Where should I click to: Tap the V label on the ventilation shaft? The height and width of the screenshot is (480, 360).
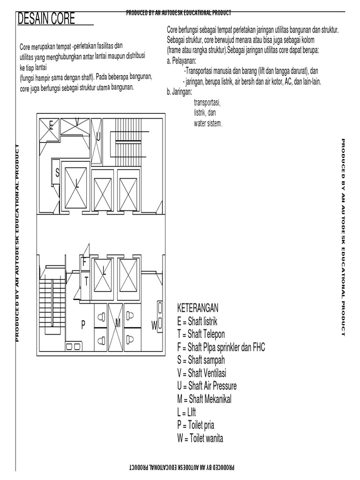[x=77, y=122]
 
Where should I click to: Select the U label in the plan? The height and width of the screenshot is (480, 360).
[x=98, y=137]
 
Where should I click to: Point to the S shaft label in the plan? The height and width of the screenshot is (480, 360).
[x=57, y=173]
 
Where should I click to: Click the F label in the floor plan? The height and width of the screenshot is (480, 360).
[x=84, y=262]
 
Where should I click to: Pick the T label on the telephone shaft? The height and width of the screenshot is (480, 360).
[x=86, y=281]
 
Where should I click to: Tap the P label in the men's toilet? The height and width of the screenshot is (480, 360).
[x=83, y=324]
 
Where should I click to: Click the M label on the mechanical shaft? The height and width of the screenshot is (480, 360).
[x=118, y=323]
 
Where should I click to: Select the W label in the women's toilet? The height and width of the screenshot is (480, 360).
[x=153, y=324]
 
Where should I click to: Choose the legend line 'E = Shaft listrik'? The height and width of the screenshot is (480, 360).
[x=197, y=322]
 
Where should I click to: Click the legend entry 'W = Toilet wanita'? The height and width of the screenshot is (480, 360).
[x=200, y=439]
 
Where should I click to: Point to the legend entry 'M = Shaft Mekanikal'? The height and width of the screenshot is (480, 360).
[x=204, y=399]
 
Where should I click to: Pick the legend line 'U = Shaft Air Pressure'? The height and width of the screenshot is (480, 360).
[x=207, y=386]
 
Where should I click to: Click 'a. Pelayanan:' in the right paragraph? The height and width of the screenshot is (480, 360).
[x=181, y=61]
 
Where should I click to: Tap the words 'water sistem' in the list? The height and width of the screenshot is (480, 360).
[x=208, y=124]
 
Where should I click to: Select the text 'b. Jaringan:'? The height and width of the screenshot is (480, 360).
[x=180, y=92]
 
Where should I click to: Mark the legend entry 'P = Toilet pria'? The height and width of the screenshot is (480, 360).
[x=195, y=426]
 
